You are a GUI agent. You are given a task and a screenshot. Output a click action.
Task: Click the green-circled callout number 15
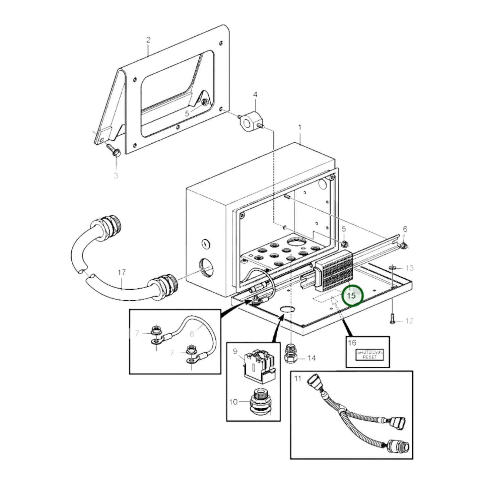click(351, 296)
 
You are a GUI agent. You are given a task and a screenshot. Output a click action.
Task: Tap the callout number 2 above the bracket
click(148, 40)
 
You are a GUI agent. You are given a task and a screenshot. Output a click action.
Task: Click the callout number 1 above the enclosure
click(300, 128)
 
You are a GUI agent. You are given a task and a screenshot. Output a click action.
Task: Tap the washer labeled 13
click(393, 268)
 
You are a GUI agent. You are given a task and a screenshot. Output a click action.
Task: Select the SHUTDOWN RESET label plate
click(369, 355)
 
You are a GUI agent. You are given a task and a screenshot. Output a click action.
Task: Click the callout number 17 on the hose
click(122, 273)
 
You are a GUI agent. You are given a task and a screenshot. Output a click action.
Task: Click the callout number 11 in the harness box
click(298, 378)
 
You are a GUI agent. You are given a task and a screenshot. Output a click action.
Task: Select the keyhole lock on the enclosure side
click(205, 244)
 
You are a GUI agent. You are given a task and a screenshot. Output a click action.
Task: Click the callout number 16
click(352, 343)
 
